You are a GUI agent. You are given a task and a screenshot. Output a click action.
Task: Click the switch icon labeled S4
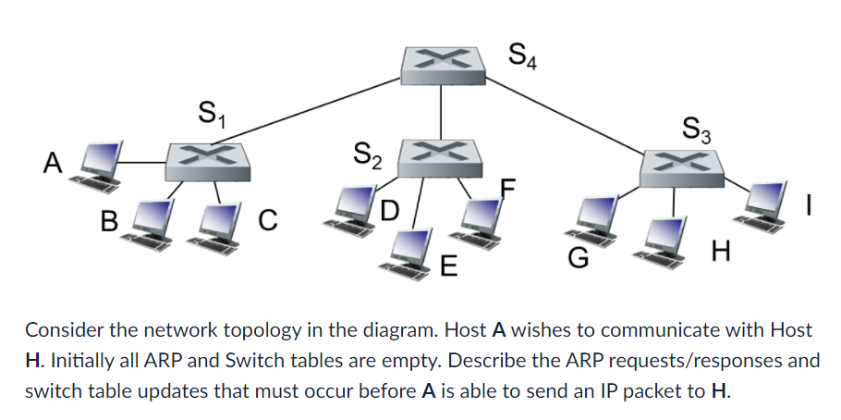[x=442, y=61]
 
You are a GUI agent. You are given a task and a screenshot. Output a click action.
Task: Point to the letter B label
[x=110, y=221]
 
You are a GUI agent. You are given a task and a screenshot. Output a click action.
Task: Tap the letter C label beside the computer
[x=266, y=220]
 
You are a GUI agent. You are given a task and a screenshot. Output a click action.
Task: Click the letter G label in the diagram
[x=578, y=260]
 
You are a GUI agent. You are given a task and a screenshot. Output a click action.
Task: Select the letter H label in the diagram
[x=722, y=249]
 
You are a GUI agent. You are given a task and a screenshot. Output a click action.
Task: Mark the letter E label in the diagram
[x=448, y=268]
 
